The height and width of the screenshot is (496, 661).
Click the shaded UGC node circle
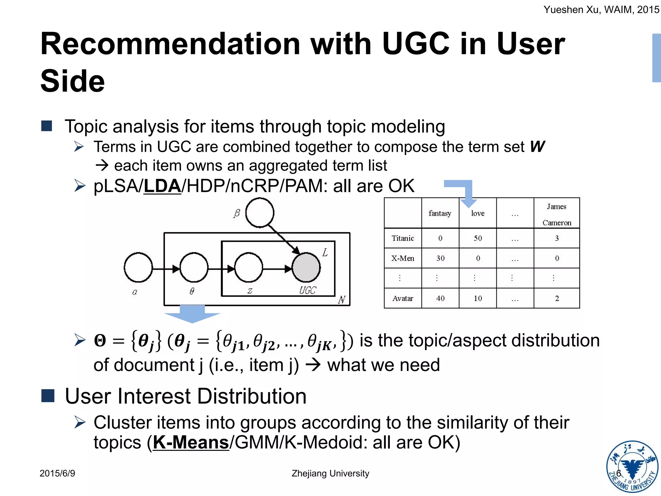click(306, 268)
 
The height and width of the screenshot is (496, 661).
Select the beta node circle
click(260, 213)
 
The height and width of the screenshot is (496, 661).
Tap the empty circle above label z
click(249, 268)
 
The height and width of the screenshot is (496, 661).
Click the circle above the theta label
click(194, 268)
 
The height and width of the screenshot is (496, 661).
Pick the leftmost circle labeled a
click(138, 268)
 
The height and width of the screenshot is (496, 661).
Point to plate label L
click(325, 253)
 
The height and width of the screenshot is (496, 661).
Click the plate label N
click(342, 300)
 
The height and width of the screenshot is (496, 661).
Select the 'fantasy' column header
click(440, 213)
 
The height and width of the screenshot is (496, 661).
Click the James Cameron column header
click(557, 214)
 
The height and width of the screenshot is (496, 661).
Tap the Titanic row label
click(403, 238)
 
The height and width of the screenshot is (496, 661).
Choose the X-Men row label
click(403, 258)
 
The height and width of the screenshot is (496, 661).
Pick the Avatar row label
click(403, 298)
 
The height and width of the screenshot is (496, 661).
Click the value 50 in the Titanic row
click(478, 238)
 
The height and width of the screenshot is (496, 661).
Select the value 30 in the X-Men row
click(440, 258)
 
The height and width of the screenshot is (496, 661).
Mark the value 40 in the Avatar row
click(440, 298)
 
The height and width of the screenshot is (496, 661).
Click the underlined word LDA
click(162, 186)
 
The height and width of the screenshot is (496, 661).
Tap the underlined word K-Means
click(191, 442)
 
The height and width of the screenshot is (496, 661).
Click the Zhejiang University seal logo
click(632, 467)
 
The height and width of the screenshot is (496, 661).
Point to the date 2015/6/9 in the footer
click(57, 473)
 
